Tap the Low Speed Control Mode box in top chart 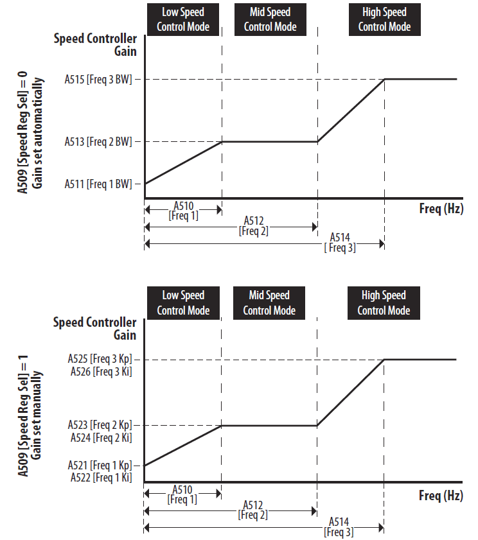pyautogui.click(x=183, y=19)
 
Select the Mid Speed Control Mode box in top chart pyautogui.click(x=270, y=19)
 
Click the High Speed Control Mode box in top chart pyautogui.click(x=384, y=19)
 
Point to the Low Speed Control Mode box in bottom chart pyautogui.click(x=183, y=303)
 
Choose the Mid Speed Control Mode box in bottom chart pyautogui.click(x=269, y=303)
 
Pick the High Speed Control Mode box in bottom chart pyautogui.click(x=384, y=303)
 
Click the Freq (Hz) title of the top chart pyautogui.click(x=441, y=209)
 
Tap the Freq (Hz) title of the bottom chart pyautogui.click(x=441, y=496)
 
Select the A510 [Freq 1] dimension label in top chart pyautogui.click(x=183, y=211)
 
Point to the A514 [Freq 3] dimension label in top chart pyautogui.click(x=340, y=243)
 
